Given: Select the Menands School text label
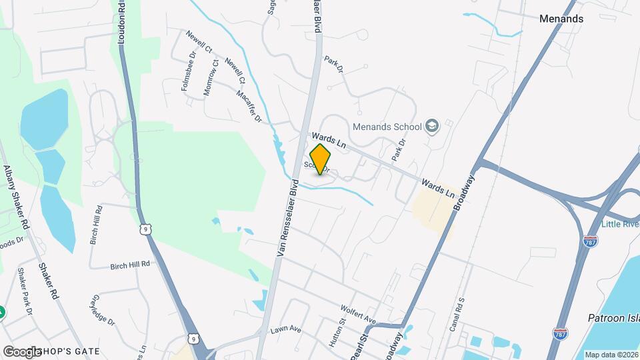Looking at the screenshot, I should pos(387,127).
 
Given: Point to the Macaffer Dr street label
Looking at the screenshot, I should pos(249,105).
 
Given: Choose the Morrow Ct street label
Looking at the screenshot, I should pos(211,78).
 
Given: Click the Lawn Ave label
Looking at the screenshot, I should pos(286,329).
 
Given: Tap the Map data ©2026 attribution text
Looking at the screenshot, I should pos(610,355).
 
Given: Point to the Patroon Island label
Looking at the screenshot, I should pos(613,319).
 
